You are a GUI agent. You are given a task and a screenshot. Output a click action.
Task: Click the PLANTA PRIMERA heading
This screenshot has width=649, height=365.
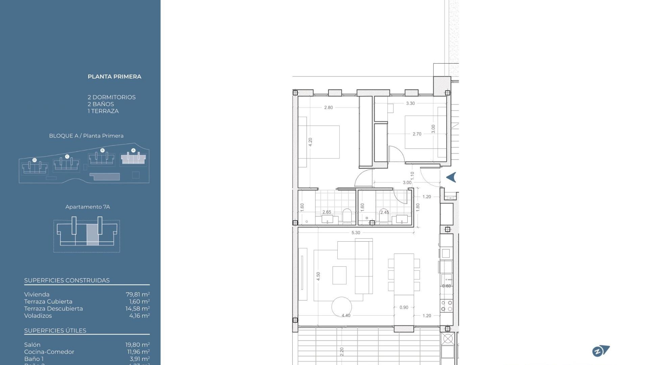coord(114,77)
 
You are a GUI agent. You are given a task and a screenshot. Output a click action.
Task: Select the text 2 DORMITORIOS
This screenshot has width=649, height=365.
coord(112,97)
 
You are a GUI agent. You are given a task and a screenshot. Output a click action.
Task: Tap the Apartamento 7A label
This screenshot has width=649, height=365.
coord(88,207)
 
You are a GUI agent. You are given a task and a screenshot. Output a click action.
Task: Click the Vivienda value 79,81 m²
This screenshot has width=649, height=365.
coord(138,295)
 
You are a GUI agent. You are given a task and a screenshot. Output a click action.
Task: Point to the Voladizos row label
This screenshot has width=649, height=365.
coord(38,316)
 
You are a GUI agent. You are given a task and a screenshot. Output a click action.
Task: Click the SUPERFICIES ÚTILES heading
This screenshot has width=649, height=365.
coord(55,331)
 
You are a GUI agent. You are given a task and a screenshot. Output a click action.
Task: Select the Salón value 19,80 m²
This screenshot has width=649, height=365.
coord(137,345)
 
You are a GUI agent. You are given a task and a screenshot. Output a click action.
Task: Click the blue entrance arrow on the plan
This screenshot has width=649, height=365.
coord(451,177)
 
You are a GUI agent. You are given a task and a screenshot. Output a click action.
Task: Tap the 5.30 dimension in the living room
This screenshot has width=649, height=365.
coord(356,233)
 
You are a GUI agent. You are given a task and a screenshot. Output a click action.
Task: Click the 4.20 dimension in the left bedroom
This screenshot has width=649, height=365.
coord(310,142)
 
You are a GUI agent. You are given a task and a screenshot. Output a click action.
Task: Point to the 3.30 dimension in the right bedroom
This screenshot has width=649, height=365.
coord(410,103)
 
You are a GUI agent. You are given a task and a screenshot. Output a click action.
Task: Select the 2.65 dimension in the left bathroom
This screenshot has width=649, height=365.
coord(327,212)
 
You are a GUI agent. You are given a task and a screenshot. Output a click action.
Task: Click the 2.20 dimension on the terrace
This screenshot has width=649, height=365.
coord(342,352)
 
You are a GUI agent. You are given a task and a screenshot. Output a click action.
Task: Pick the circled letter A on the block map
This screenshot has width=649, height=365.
coord(133,150)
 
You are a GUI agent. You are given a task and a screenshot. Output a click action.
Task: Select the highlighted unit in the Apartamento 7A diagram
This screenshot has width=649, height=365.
coord(92,234)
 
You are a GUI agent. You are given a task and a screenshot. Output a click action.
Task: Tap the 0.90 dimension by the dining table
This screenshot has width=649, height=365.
coord(404,308)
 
